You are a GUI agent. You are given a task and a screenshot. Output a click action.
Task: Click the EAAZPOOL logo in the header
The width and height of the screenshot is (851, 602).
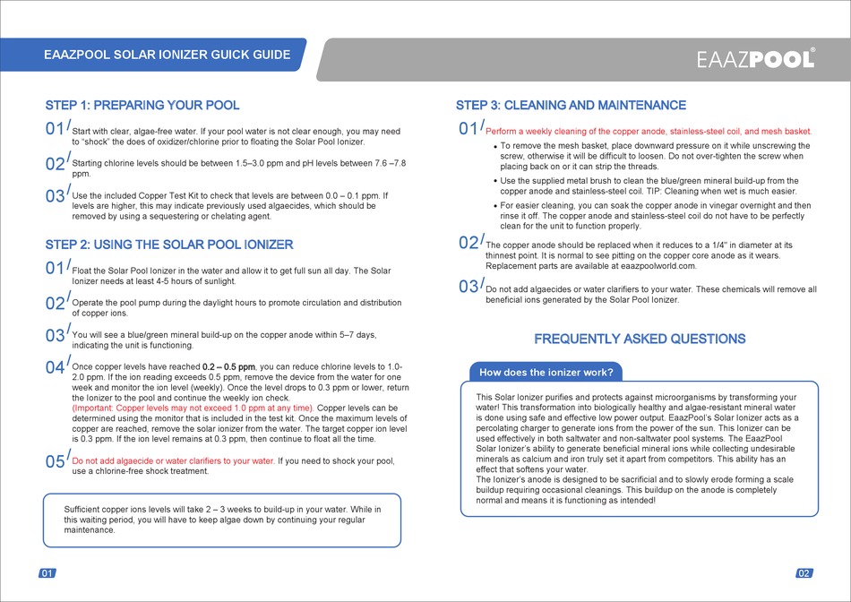pos(755,59)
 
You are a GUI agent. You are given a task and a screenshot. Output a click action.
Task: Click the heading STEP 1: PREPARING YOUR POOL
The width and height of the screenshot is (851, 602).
pos(142,106)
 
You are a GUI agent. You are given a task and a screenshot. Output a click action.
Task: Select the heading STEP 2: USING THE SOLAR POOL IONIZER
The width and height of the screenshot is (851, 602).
pos(169,245)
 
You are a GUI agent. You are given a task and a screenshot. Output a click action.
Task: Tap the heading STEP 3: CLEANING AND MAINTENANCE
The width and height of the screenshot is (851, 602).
pos(571,106)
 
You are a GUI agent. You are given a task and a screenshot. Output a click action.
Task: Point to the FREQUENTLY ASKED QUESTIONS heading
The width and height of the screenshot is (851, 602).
pos(640,340)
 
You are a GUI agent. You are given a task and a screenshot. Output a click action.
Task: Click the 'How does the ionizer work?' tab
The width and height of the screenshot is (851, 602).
pos(546,373)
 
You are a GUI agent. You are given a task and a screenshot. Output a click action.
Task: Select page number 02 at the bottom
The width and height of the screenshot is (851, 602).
pos(804,573)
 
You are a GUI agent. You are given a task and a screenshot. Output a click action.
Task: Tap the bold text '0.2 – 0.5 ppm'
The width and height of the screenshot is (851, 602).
pos(229,367)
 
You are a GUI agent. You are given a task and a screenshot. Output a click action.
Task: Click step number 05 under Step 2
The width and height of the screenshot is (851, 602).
pos(55,462)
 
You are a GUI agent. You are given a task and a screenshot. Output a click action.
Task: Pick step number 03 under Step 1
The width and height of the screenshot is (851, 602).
pos(55,196)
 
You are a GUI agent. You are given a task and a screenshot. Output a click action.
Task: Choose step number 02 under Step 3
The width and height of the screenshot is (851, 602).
pos(468,244)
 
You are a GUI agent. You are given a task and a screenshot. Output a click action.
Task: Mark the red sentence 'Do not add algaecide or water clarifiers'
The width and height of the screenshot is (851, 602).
pos(174,461)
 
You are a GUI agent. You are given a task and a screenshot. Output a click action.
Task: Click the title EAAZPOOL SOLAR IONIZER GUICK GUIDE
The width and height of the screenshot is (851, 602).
pos(167,55)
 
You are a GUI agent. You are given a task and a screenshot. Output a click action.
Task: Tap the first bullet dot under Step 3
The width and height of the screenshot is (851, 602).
pos(494,146)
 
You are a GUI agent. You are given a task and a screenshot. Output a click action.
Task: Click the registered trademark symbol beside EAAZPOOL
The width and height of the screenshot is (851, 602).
pos(812,50)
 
